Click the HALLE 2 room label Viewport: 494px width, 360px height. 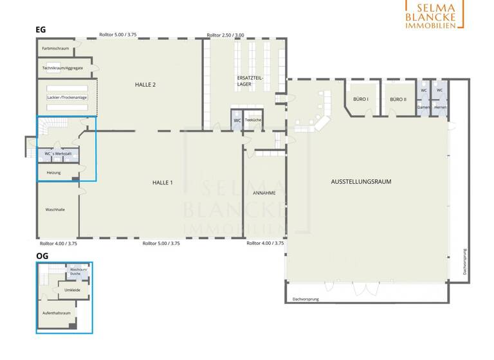145,85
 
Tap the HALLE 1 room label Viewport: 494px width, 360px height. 162,183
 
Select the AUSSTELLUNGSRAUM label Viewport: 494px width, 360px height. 361,182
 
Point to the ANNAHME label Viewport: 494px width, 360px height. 264,192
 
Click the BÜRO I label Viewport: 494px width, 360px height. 360,100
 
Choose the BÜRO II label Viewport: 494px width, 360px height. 398,100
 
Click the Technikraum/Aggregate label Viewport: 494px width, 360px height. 62,67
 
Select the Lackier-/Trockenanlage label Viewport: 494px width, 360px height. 67,97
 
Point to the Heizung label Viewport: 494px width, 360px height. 53,173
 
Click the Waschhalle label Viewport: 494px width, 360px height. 55,210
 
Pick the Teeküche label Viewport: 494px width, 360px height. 253,120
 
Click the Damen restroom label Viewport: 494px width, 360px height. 423,107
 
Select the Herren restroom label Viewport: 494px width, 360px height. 440,107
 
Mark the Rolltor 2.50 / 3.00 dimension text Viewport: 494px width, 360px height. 225,35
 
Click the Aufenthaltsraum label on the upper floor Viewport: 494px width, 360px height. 57,312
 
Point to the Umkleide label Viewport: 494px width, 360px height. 72,290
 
